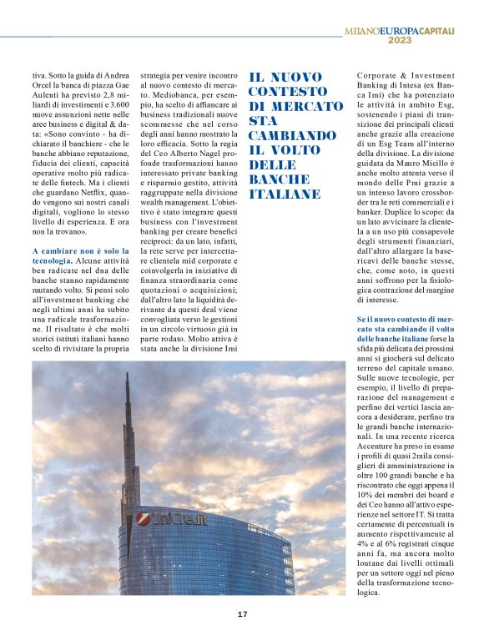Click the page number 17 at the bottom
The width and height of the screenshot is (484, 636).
[x=242, y=614]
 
